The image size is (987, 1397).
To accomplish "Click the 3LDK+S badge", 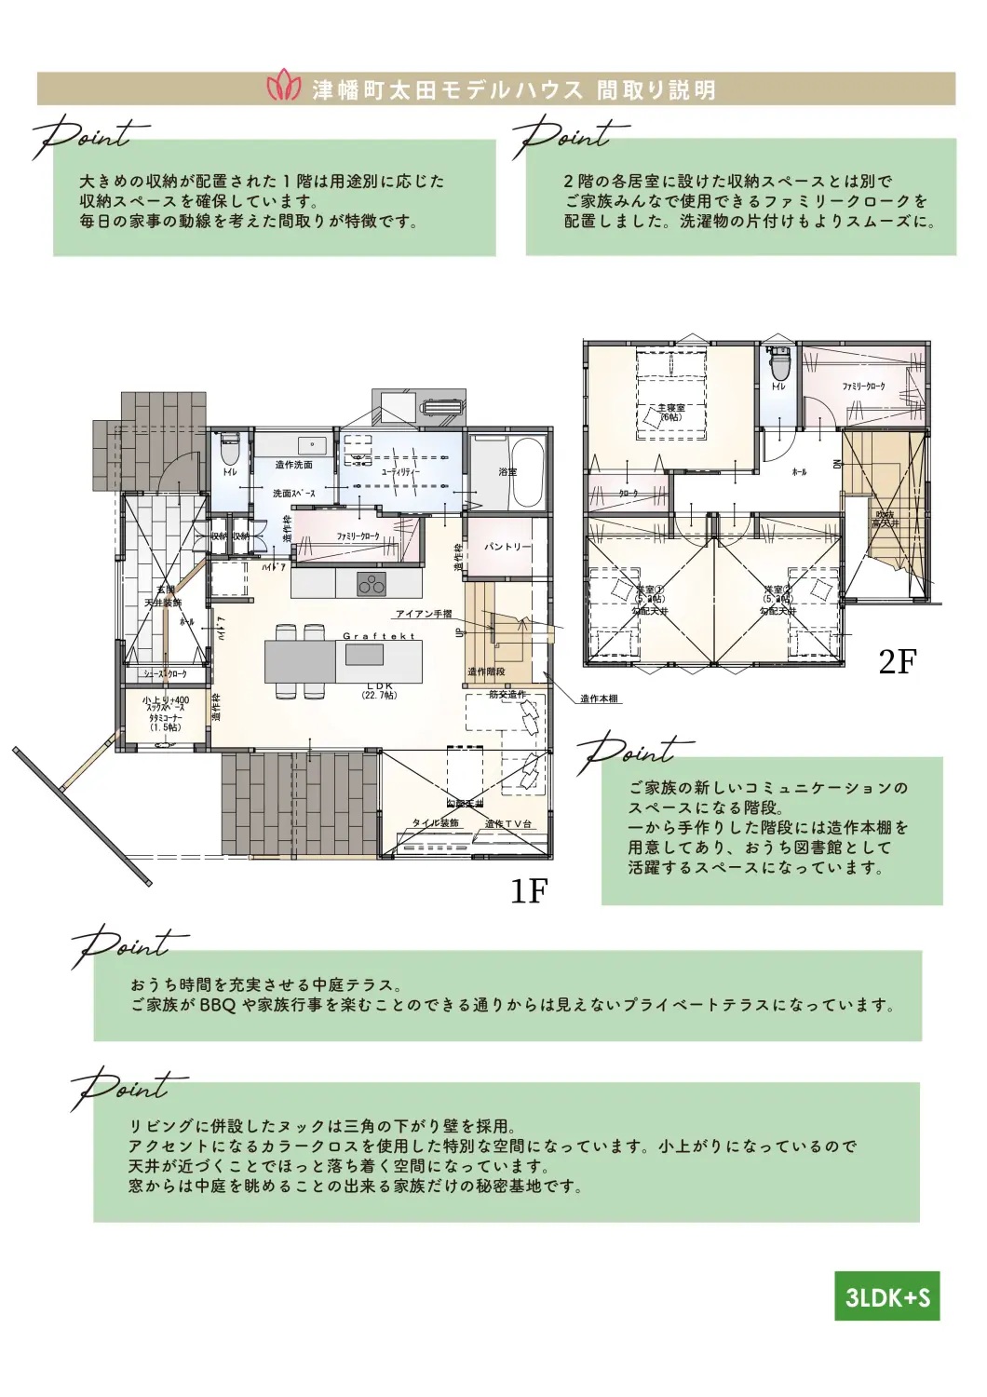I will [x=886, y=1296].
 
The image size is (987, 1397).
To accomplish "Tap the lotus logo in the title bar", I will [x=284, y=88].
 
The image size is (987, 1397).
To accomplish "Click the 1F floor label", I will [x=529, y=891].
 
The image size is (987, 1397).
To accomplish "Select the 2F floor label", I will [x=898, y=661].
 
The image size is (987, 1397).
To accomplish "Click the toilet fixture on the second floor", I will [x=778, y=364].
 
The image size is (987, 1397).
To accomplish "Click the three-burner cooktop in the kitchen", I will [x=372, y=585].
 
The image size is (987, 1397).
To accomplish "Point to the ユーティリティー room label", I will [x=400, y=472].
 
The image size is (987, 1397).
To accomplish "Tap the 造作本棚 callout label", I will [x=599, y=698].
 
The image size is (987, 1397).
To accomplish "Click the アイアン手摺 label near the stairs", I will [x=424, y=614].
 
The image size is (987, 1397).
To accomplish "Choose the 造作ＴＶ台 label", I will [x=507, y=824].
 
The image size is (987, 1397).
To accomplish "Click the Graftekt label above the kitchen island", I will [x=379, y=636].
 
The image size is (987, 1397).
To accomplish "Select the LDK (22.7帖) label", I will [x=380, y=690].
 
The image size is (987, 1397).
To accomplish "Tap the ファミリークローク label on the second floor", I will [x=863, y=387].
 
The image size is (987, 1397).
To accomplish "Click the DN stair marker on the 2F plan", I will [x=837, y=463].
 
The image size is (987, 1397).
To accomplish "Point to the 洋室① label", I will [x=649, y=590].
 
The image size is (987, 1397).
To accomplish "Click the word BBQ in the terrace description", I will [x=218, y=1005].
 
